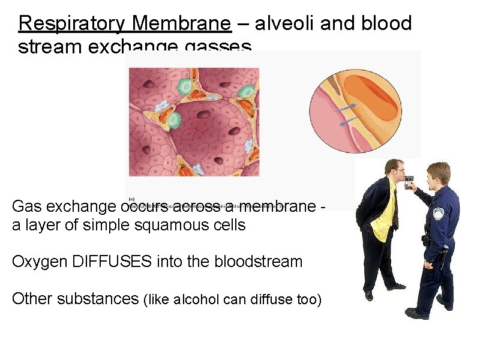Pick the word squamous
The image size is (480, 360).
[153, 225]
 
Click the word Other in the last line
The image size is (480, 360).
[32, 298]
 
